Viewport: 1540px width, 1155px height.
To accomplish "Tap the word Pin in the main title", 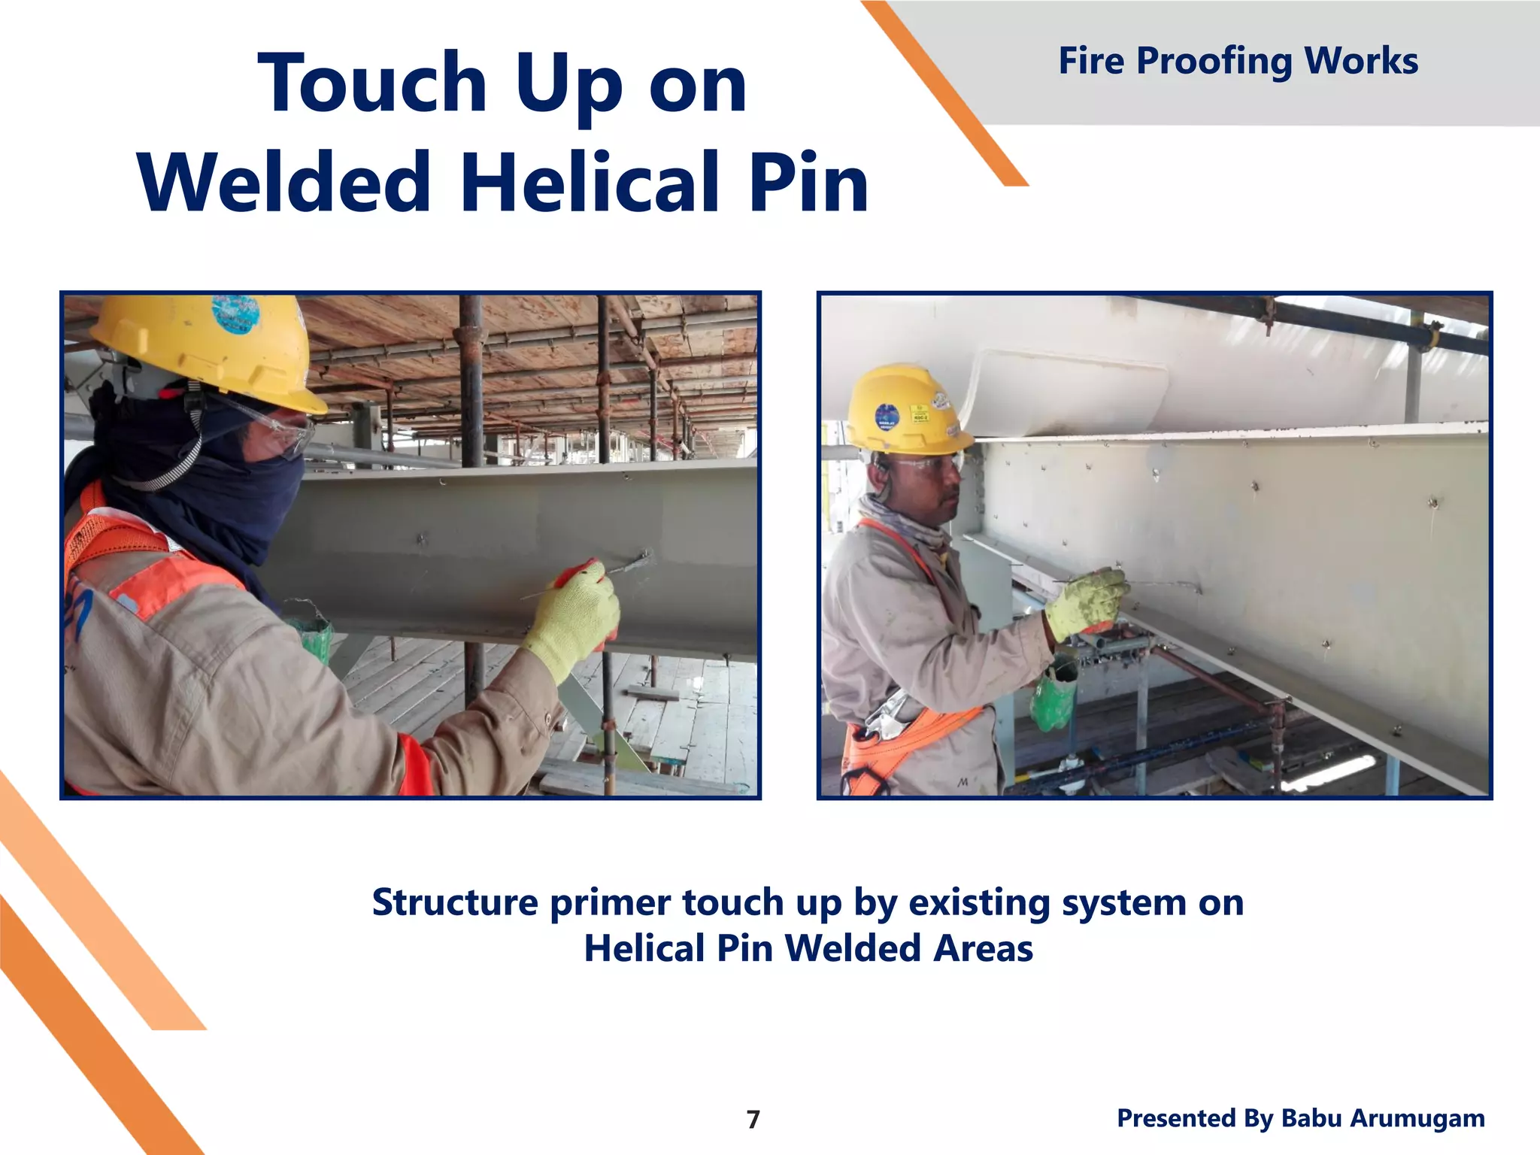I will coord(808,183).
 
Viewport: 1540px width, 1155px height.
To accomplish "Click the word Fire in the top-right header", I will coord(1091,61).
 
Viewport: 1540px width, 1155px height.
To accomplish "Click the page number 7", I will coord(753,1120).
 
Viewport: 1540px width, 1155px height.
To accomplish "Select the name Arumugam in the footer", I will coord(1420,1118).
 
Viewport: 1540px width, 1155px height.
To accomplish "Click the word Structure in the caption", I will coord(455,902).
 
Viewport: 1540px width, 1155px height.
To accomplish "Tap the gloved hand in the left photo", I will coord(575,617).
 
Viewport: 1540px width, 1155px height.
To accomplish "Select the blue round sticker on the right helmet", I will coord(887,418).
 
